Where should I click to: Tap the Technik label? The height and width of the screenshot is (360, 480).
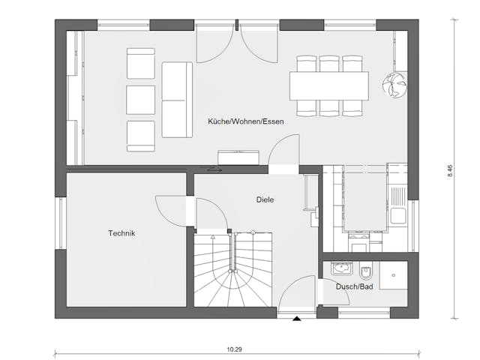(x=121, y=234)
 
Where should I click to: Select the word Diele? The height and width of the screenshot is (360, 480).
(x=265, y=199)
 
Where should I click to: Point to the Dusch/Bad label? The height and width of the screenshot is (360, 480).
(x=355, y=286)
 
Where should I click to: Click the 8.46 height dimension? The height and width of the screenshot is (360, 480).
(x=449, y=169)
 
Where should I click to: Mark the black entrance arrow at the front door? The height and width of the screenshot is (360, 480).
(x=297, y=319)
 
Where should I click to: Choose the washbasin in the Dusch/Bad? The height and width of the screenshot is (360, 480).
(x=341, y=269)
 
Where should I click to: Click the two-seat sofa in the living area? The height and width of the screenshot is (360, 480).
(x=177, y=100)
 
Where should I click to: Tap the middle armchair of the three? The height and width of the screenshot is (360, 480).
(x=140, y=99)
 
